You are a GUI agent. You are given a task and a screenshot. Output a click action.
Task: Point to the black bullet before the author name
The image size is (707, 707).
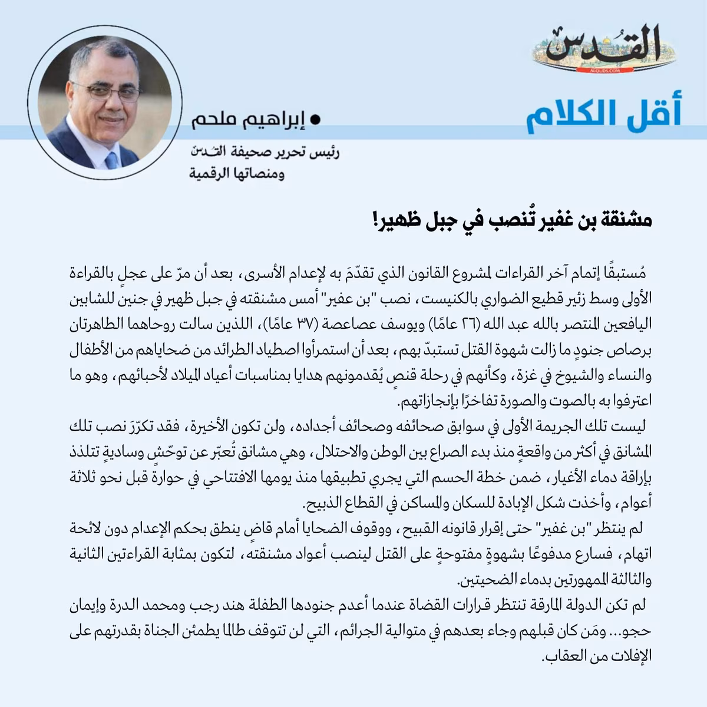(x=315, y=120)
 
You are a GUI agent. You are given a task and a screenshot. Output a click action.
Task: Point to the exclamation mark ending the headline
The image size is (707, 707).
(x=375, y=223)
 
